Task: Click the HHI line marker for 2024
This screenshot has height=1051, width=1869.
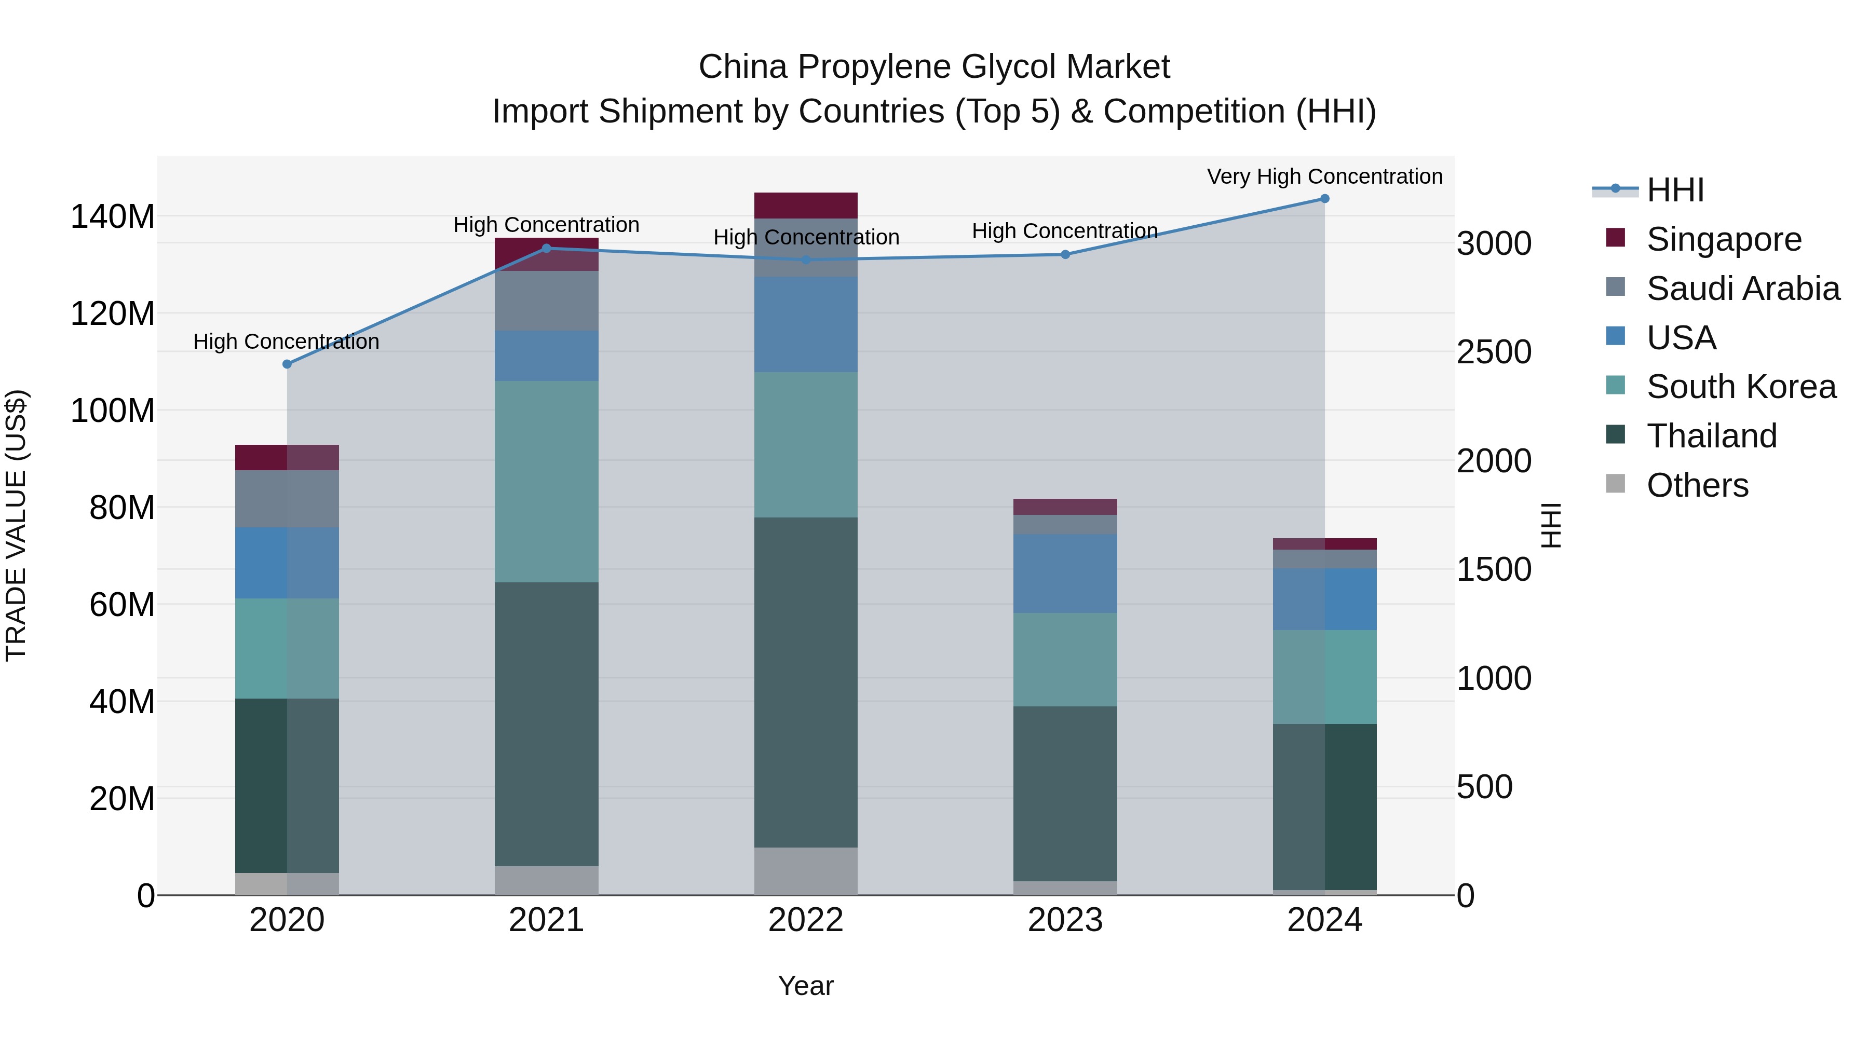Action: pos(1324,199)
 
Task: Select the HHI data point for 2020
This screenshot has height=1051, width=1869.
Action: pos(287,364)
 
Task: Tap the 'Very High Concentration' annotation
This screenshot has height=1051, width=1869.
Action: pos(1324,176)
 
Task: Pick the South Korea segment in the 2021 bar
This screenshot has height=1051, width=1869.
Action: pos(546,481)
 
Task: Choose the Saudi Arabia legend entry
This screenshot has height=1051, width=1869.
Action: pos(1743,289)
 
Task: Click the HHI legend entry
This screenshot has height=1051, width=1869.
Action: pos(1674,190)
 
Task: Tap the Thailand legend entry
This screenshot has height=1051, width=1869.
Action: pos(1711,436)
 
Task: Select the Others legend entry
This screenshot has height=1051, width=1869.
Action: pos(1697,485)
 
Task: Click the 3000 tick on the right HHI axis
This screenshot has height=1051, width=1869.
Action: pos(1494,244)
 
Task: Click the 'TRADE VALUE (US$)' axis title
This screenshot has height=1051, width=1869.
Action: pos(16,525)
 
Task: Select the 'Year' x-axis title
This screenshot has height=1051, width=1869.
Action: pos(805,986)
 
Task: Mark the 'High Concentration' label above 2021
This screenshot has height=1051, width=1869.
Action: pos(546,225)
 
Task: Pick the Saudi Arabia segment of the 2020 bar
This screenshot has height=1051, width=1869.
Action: pos(287,498)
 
